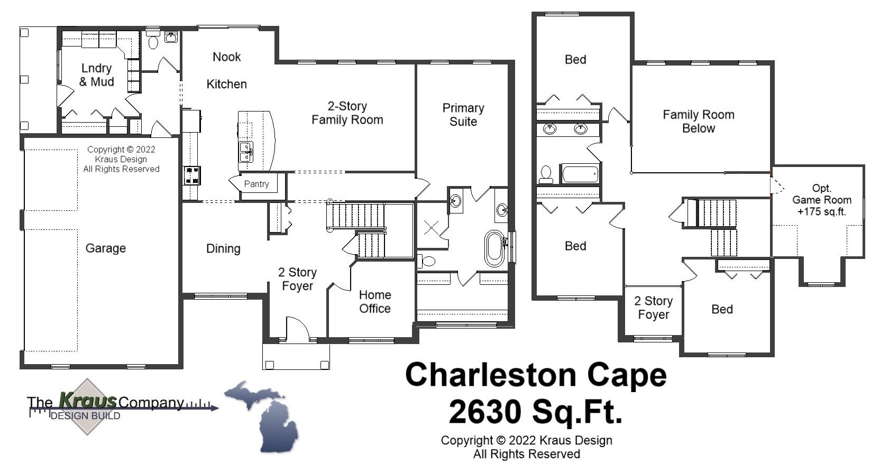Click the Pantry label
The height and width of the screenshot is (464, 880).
click(x=256, y=184)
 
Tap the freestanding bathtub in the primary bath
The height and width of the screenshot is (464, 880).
click(x=494, y=248)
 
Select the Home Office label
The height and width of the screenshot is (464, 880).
click(x=375, y=302)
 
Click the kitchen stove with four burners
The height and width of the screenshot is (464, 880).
click(x=191, y=175)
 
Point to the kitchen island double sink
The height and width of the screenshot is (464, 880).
click(x=246, y=152)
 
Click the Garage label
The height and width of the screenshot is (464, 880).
click(x=106, y=248)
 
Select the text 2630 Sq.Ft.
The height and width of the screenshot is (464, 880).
click(x=535, y=412)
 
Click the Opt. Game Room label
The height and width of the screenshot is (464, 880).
click(x=821, y=200)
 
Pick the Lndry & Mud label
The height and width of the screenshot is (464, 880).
click(x=96, y=75)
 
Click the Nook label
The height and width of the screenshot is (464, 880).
click(x=226, y=57)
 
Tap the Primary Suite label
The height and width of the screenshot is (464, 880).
click(x=463, y=115)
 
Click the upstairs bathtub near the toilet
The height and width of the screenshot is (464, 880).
click(x=580, y=174)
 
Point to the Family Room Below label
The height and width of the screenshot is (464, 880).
click(x=698, y=121)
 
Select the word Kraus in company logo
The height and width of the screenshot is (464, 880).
click(x=88, y=401)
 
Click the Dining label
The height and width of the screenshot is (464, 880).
click(x=223, y=248)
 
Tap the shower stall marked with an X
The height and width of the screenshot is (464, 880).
click(x=431, y=227)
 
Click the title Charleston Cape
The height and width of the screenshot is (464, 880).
click(x=535, y=375)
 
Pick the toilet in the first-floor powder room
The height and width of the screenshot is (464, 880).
click(x=153, y=42)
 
